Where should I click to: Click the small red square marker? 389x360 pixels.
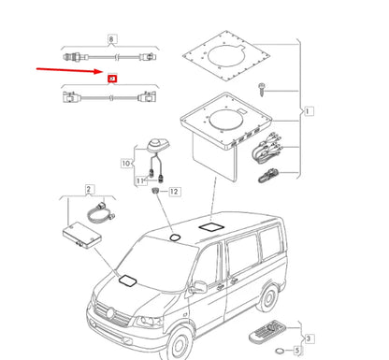point(113,82)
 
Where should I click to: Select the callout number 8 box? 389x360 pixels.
point(113,40)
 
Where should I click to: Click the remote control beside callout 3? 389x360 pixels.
point(269,333)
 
